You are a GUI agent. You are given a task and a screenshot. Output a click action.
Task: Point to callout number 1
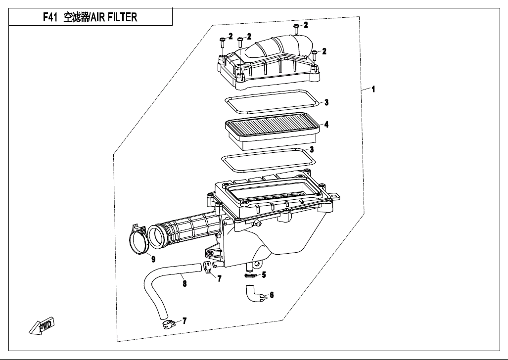373,90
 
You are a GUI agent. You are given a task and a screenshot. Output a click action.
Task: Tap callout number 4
326,125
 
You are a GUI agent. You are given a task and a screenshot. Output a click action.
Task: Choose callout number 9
153,259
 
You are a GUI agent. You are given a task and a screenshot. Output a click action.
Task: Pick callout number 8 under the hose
185,284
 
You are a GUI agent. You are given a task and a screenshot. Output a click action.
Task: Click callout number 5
264,274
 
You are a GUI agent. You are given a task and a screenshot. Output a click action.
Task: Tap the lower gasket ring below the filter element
267,159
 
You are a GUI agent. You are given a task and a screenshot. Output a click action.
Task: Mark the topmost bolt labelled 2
296,28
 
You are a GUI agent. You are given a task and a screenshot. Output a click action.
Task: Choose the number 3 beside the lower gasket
312,149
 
